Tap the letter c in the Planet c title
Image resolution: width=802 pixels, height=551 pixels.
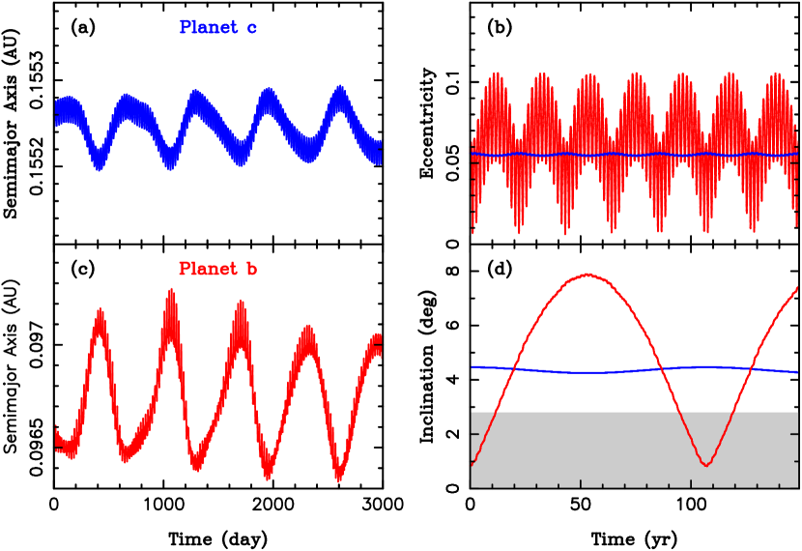(251, 28)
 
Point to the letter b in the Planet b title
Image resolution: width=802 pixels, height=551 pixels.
(251, 269)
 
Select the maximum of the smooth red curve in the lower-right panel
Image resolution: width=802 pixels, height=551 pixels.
(587, 275)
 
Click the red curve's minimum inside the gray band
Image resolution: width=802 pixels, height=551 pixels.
(706, 465)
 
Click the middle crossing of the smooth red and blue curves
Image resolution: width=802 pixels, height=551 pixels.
(659, 368)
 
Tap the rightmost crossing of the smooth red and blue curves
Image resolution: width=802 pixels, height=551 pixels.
(751, 368)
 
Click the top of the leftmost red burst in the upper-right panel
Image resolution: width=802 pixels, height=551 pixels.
(496, 73)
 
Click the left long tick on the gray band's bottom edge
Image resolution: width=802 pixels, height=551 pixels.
(581, 482)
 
